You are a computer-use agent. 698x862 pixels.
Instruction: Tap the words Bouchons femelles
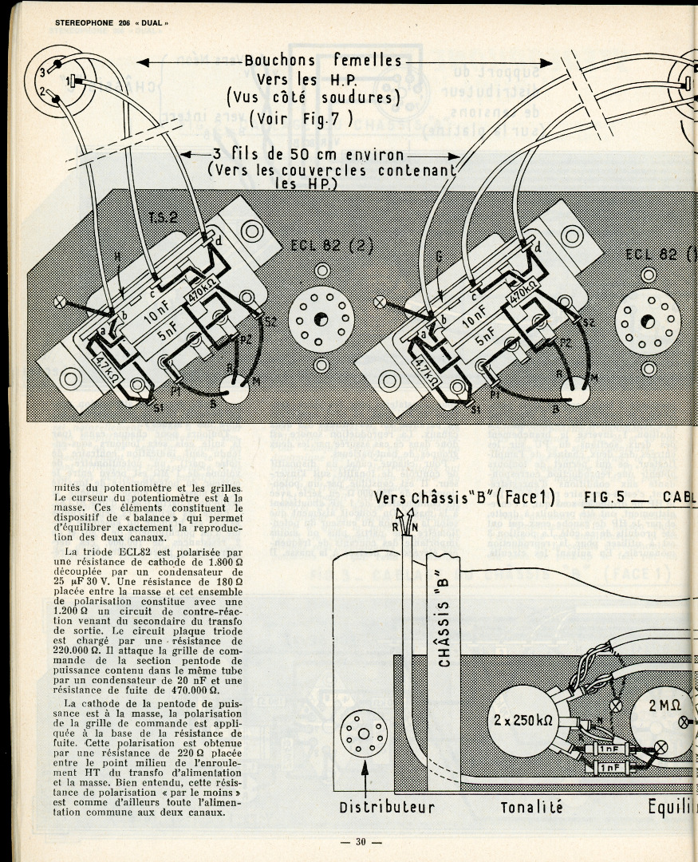[323, 61]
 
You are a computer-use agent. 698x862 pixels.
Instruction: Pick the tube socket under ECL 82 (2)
[321, 319]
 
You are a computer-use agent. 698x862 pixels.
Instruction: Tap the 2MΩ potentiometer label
[664, 705]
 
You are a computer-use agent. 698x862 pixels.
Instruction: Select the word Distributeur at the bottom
[387, 807]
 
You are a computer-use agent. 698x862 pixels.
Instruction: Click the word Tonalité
[531, 807]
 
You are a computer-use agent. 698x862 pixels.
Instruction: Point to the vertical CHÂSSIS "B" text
[445, 615]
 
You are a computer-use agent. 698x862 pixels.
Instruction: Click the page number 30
[361, 842]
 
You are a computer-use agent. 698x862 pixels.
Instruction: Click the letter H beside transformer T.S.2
[117, 256]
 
